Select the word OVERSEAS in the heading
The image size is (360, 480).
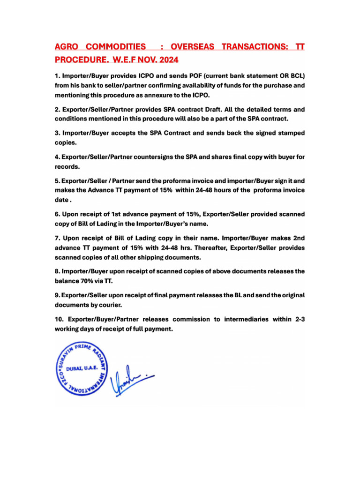click(193, 47)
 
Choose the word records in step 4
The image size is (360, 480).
click(68, 166)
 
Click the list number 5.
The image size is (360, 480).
click(57, 180)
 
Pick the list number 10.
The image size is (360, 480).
click(60, 319)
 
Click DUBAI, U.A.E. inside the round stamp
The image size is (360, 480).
click(82, 369)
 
